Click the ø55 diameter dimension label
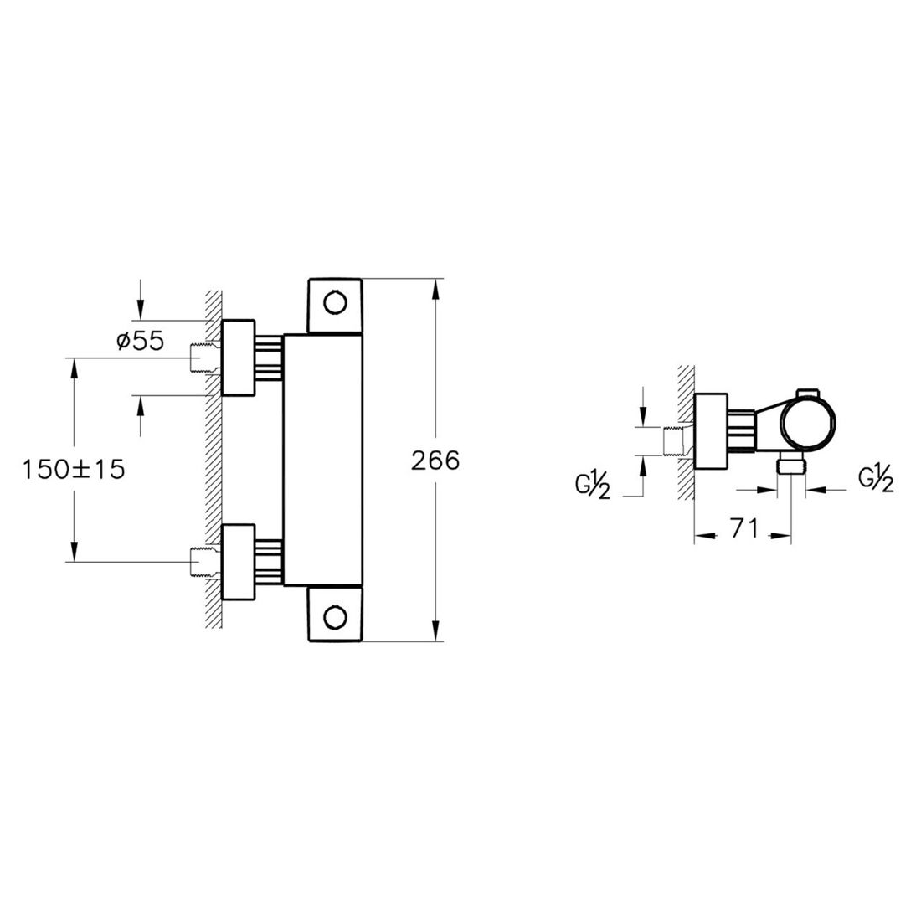(141, 341)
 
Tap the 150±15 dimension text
(74, 470)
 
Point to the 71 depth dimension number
(744, 528)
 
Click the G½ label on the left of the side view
(593, 486)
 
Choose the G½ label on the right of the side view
(877, 479)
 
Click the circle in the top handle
(336, 304)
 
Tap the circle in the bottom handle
(336, 616)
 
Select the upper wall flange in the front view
(239, 358)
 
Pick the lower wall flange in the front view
(239, 562)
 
